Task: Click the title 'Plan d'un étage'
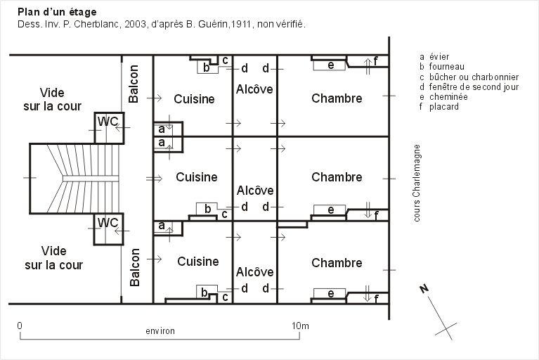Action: pyautogui.click(x=57, y=13)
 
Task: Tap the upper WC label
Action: pyautogui.click(x=108, y=122)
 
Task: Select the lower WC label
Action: pyautogui.click(x=108, y=222)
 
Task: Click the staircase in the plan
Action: pyautogui.click(x=75, y=179)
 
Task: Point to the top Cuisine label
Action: pyautogui.click(x=194, y=99)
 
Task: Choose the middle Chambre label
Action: pyautogui.click(x=337, y=177)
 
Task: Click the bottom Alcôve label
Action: pyautogui.click(x=254, y=272)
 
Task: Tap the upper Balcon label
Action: pyautogui.click(x=134, y=84)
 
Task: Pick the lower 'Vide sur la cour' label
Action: pyautogui.click(x=53, y=258)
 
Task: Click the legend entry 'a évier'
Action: pyautogui.click(x=434, y=57)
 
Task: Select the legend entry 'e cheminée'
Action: pyautogui.click(x=443, y=97)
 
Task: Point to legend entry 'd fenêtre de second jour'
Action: pyautogui.click(x=469, y=87)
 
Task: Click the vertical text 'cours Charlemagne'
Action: pyautogui.click(x=417, y=183)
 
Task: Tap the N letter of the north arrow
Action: pyautogui.click(x=424, y=289)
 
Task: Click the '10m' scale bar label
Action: pyautogui.click(x=300, y=326)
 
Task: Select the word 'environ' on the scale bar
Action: pyautogui.click(x=160, y=331)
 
